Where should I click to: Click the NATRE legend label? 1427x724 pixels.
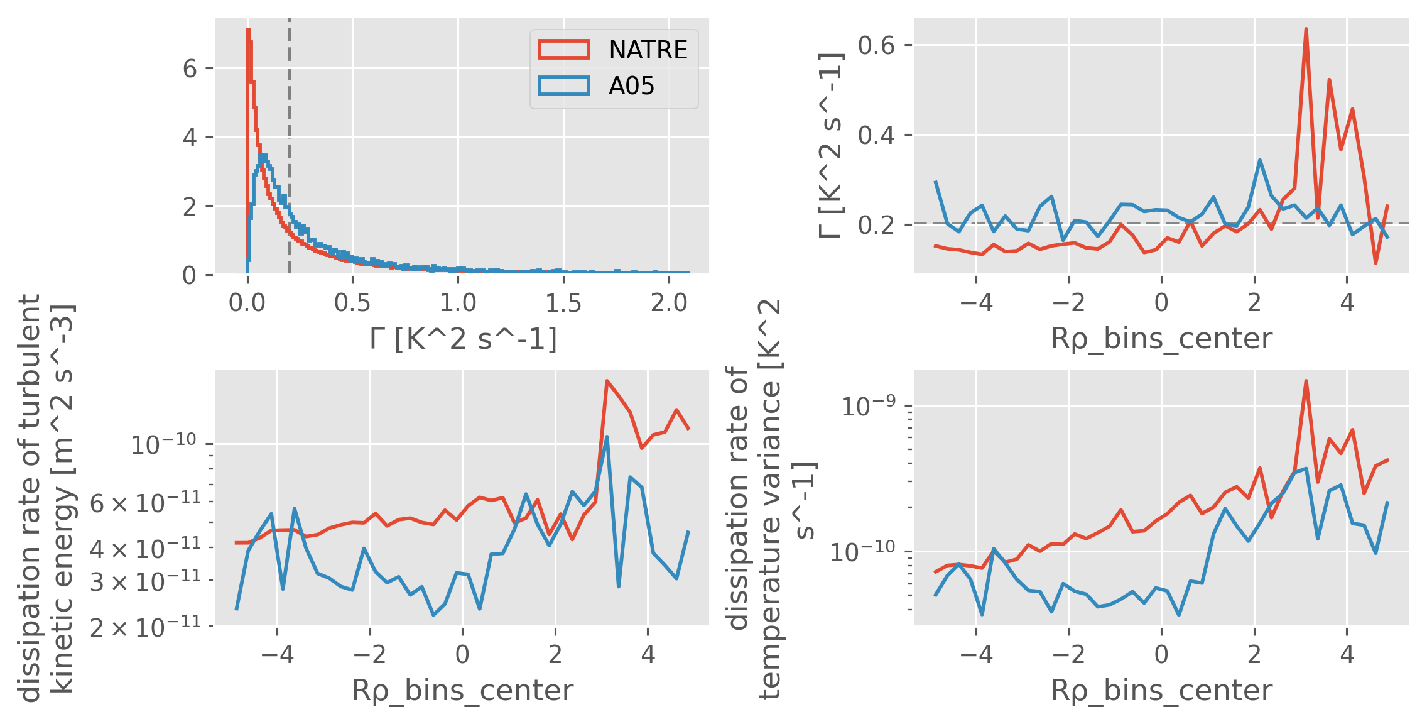click(648, 50)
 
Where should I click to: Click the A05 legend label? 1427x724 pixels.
click(631, 86)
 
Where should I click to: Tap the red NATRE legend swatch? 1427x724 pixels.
click(563, 50)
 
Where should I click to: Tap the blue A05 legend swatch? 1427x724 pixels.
click(563, 85)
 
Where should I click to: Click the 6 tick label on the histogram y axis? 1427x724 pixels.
click(190, 69)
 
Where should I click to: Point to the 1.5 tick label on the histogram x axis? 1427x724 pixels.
click(563, 304)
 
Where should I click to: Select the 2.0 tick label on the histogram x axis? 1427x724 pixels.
click(669, 304)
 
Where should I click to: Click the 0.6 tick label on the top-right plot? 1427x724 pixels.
click(876, 46)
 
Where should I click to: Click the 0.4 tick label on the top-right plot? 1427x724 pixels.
click(876, 136)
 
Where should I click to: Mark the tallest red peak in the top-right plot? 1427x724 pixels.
click(1306, 30)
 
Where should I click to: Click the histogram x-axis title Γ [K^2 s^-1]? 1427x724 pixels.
click(463, 339)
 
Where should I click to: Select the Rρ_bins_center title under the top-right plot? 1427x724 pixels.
click(1161, 339)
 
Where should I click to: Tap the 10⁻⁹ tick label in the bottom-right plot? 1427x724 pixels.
click(868, 407)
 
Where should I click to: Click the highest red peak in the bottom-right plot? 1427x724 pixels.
click(1306, 381)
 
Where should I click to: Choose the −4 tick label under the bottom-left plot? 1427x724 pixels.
click(277, 655)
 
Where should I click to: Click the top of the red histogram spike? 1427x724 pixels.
click(249, 30)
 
